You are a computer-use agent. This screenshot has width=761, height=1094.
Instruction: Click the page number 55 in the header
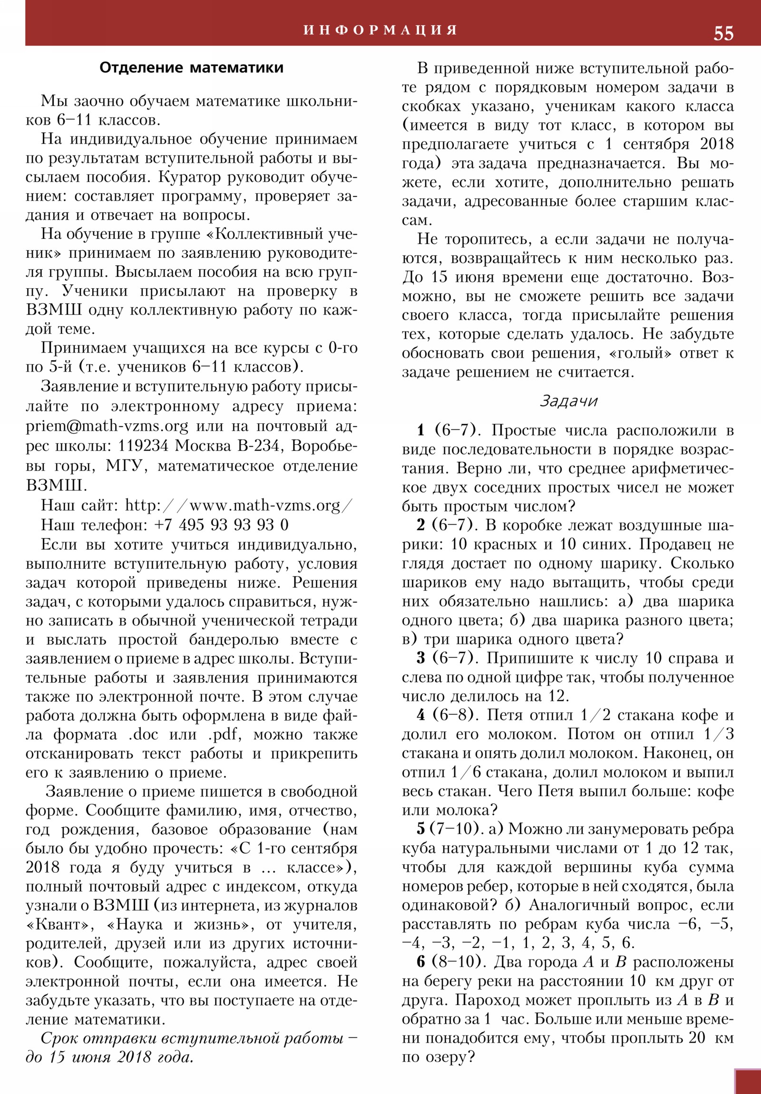coord(723,33)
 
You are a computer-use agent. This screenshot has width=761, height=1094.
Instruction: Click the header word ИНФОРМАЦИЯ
coord(380,30)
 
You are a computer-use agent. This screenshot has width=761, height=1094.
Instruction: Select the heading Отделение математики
coord(191,68)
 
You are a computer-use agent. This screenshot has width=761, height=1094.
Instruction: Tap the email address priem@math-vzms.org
coord(107,425)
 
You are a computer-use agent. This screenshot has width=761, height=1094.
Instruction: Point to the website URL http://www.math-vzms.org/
coord(239,505)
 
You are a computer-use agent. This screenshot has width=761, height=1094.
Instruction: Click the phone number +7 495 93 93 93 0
coord(221,525)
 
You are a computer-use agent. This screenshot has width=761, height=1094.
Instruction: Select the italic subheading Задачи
coord(568,401)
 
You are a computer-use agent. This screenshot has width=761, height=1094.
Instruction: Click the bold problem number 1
coord(420,430)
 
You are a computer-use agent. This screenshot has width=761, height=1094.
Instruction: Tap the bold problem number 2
coord(420,525)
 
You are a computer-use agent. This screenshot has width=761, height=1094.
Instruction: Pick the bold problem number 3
coord(420,658)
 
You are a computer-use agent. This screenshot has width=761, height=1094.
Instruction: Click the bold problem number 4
coord(420,715)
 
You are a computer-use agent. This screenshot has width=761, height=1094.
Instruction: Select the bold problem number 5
coord(420,829)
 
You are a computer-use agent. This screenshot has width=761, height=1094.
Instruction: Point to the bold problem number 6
coord(420,962)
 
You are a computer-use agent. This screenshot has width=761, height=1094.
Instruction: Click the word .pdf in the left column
coord(224,734)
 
